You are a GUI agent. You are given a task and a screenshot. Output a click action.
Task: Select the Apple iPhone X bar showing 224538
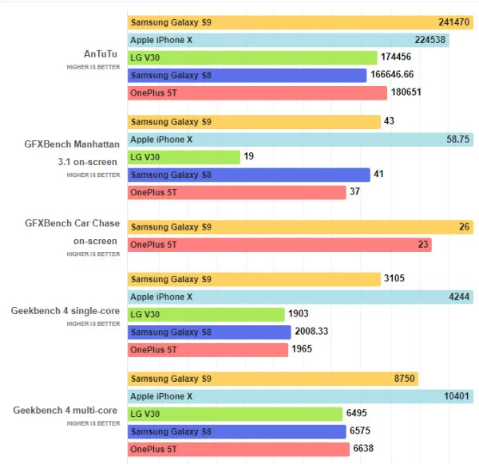(287, 40)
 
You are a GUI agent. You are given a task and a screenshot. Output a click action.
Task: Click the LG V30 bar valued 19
(184, 157)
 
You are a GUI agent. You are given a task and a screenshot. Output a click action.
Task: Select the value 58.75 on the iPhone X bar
(458, 140)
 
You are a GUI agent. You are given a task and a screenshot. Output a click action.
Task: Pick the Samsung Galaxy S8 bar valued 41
(248, 175)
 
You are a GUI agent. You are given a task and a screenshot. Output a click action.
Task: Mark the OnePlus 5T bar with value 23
(279, 245)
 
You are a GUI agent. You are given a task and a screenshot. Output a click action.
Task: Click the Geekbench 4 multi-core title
(66, 411)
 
